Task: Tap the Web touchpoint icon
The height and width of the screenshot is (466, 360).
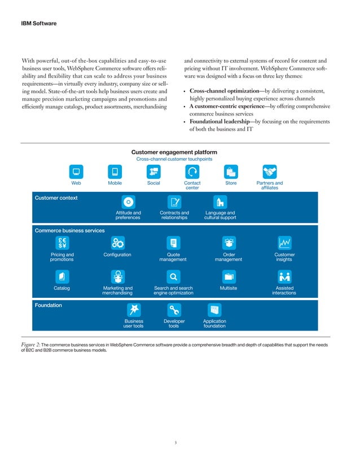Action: coord(75,172)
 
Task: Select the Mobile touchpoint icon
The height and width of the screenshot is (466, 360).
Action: coord(115,172)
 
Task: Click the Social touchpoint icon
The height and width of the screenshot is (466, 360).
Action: coord(153,172)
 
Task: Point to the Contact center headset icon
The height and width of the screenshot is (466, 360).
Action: coord(192,172)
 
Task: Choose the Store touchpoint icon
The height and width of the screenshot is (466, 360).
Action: coord(230,172)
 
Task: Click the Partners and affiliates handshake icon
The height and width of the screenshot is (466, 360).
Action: coord(269,172)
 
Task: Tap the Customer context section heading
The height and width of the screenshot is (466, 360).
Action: coord(56,198)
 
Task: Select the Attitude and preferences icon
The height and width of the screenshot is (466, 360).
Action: coord(128,202)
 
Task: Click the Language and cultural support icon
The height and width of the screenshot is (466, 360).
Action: coord(219,202)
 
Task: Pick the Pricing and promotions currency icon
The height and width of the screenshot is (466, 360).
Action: coord(62,243)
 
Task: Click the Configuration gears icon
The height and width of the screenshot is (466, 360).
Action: coord(117,243)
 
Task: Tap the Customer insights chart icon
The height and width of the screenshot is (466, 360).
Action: coord(284,243)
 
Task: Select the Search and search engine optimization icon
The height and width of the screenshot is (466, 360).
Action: coord(173,276)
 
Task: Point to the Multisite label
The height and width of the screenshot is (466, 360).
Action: coord(228,288)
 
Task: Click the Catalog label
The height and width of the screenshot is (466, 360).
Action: coord(62,288)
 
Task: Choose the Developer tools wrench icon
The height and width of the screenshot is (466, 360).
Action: coord(174,310)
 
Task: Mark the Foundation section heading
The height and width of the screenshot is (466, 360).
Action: coord(49,305)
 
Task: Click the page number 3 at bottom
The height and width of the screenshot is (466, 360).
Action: coord(176,443)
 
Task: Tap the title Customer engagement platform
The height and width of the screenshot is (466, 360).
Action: coord(174,152)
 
